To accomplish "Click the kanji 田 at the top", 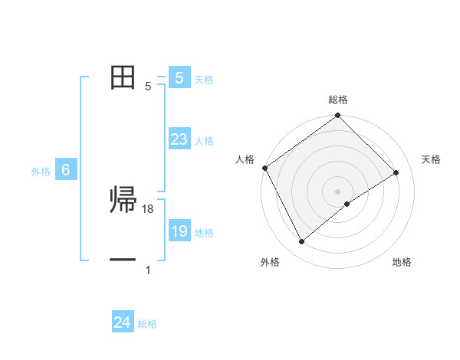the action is click(x=123, y=77).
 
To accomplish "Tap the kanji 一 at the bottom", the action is click(x=123, y=260).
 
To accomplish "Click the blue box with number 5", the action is click(x=179, y=78).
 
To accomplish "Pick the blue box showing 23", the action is click(x=179, y=139).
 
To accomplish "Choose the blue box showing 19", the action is click(x=179, y=231).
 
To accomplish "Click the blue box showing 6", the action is click(x=66, y=171).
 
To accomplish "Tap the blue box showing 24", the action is click(x=123, y=323).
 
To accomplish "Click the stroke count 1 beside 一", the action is click(x=148, y=270).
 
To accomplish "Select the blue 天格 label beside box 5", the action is click(x=204, y=80).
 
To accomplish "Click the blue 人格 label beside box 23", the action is click(x=204, y=141).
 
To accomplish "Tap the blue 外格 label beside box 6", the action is click(x=41, y=172).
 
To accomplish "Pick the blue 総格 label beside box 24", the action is click(x=147, y=325).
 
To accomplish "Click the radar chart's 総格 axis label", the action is click(x=338, y=100).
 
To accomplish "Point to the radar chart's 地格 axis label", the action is click(x=402, y=263).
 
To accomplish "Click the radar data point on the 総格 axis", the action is click(x=338, y=116).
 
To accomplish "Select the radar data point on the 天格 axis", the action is click(x=396, y=172).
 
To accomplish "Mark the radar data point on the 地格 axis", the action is click(x=347, y=204).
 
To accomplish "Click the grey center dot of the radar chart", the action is click(x=338, y=191).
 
